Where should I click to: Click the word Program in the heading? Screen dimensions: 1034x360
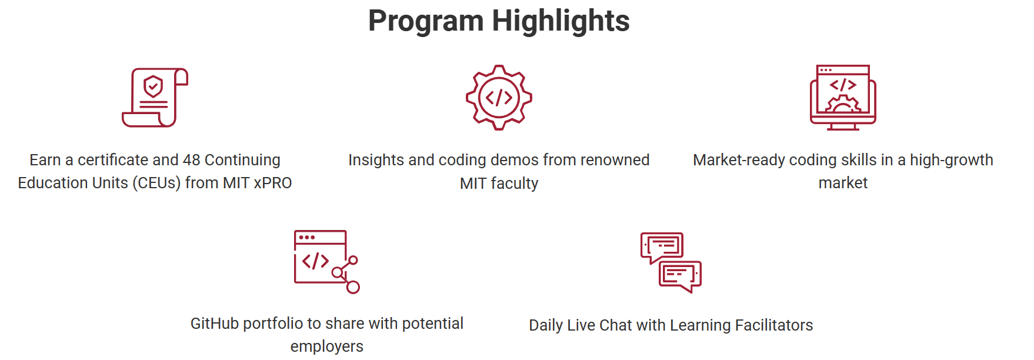click(x=426, y=22)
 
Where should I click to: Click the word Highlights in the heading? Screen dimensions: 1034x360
click(x=561, y=21)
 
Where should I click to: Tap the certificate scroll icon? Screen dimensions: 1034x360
click(x=155, y=97)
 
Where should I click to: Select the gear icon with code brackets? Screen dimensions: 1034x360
click(x=499, y=97)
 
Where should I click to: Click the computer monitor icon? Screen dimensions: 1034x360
click(x=843, y=97)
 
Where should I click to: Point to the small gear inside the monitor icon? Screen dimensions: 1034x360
click(x=843, y=104)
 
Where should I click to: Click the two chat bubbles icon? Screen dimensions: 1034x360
click(x=671, y=262)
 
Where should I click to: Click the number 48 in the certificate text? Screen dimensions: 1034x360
click(x=192, y=160)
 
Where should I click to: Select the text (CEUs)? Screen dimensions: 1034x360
click(x=156, y=183)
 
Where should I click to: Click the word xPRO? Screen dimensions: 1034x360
click(x=272, y=183)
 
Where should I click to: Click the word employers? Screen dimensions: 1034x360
click(x=327, y=346)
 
